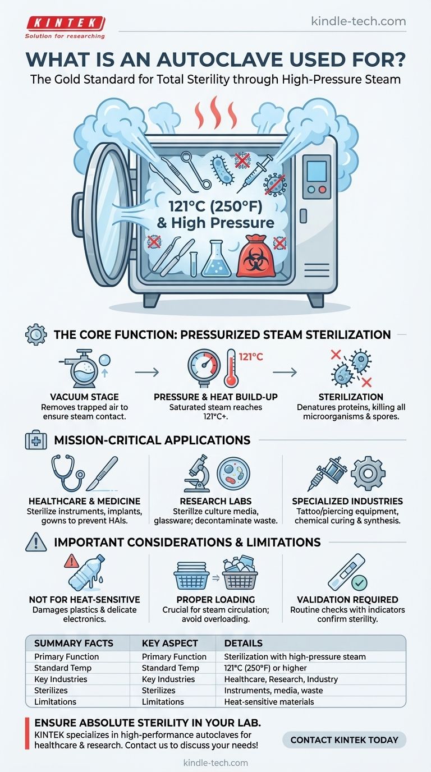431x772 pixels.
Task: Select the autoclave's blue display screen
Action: (x=317, y=170)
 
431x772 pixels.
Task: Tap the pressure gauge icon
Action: (x=203, y=368)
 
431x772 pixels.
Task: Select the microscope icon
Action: (x=197, y=475)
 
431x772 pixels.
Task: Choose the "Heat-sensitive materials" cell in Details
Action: (x=269, y=701)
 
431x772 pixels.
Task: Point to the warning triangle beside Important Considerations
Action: (x=35, y=542)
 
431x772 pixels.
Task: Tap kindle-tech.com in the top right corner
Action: (x=358, y=22)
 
